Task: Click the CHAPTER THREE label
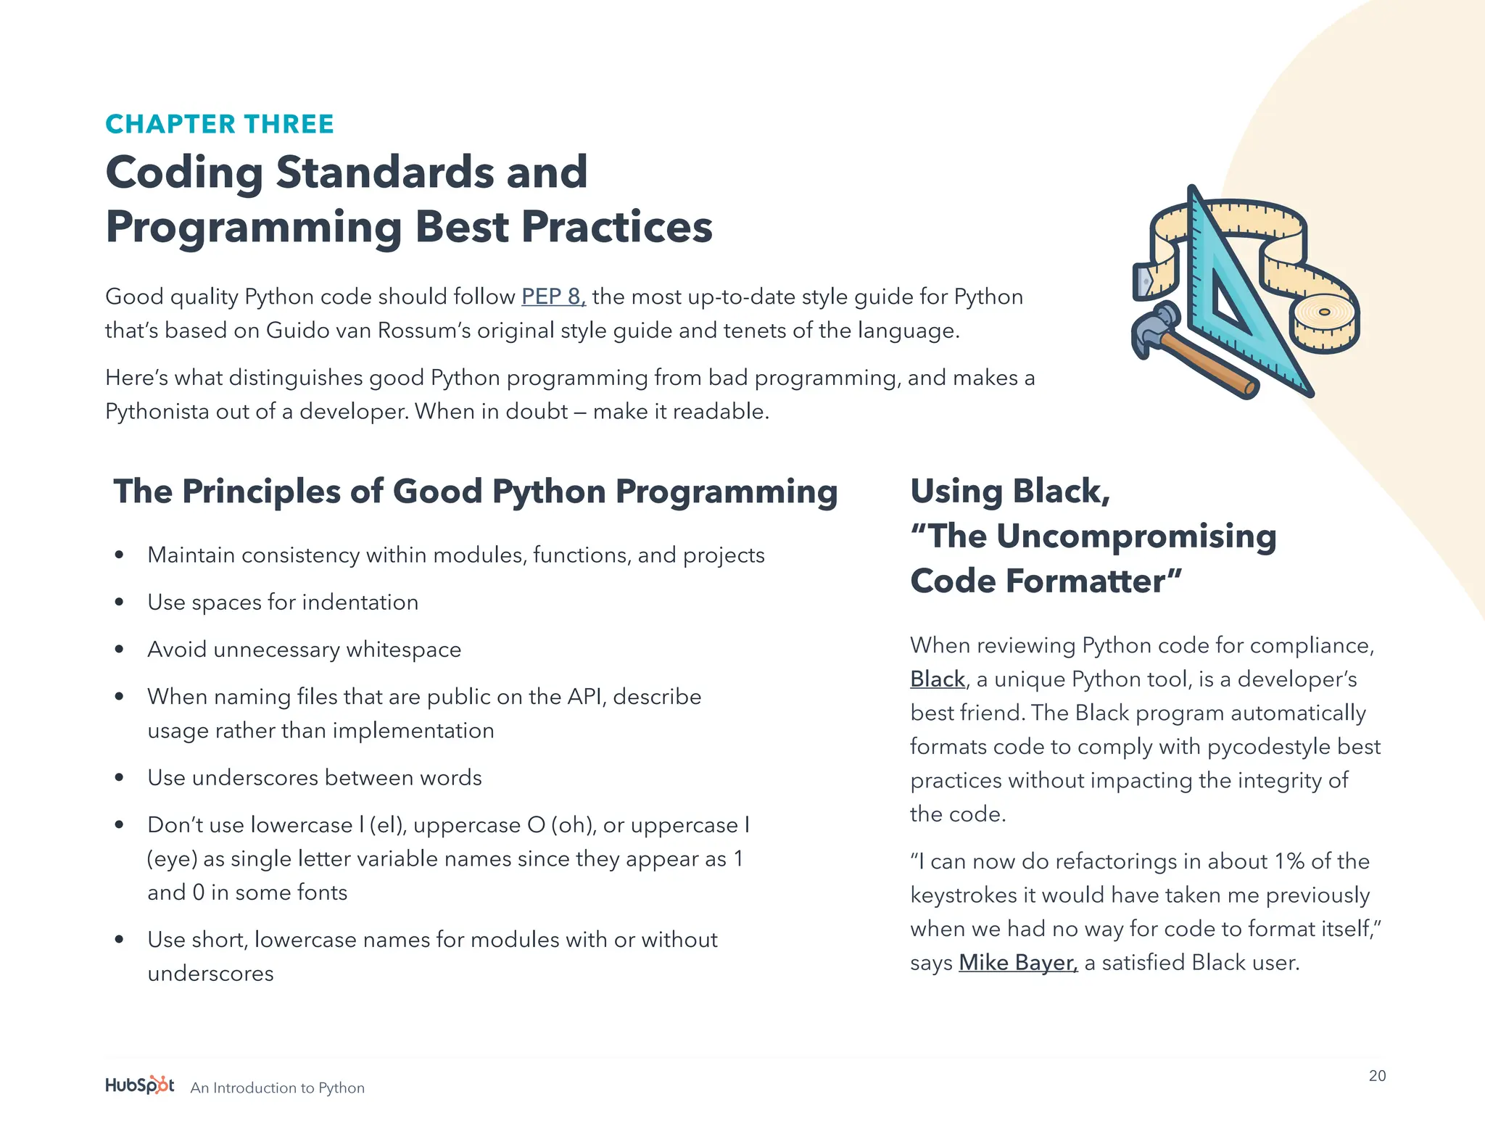click(219, 124)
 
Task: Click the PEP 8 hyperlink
click(553, 297)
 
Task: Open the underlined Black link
click(937, 679)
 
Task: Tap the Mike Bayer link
click(1017, 963)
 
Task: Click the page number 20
click(1377, 1076)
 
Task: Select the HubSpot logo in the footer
click(140, 1085)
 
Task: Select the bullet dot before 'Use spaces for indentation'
click(120, 603)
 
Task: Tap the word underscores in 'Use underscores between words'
click(255, 778)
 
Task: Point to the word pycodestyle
click(1269, 747)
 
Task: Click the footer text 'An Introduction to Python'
click(277, 1088)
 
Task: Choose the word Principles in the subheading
click(261, 492)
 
